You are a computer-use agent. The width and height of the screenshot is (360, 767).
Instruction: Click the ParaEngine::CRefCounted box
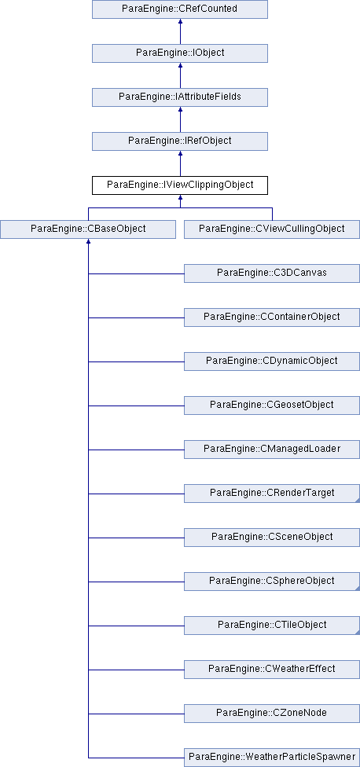click(x=180, y=9)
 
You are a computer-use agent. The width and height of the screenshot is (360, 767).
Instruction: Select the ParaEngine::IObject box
click(x=180, y=53)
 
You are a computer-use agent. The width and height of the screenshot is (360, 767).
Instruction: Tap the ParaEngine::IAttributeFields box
click(x=180, y=97)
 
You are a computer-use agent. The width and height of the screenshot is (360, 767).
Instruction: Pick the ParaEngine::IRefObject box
click(x=180, y=141)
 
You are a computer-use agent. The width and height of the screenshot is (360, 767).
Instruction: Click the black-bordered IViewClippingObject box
click(x=180, y=185)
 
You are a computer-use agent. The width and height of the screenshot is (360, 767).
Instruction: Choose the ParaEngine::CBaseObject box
click(x=88, y=229)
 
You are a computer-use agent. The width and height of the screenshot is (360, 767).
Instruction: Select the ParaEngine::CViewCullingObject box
click(x=272, y=229)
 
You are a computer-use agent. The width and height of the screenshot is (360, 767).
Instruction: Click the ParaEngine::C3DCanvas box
click(x=272, y=273)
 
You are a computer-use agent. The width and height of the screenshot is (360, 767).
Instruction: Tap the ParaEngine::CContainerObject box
click(x=272, y=317)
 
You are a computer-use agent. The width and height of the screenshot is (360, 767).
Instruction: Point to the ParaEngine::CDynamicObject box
click(x=272, y=361)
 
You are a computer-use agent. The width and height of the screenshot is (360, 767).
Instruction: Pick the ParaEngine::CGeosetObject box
click(x=272, y=406)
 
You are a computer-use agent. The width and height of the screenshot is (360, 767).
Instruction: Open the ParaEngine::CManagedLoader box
click(x=272, y=450)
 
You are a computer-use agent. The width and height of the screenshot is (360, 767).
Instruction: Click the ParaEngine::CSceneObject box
click(x=272, y=538)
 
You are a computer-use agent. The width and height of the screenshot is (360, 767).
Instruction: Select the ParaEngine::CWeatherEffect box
click(x=272, y=670)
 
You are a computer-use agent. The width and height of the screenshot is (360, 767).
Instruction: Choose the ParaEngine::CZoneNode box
click(x=272, y=714)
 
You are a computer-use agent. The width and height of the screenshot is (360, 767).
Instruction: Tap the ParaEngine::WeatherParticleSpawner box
click(x=272, y=758)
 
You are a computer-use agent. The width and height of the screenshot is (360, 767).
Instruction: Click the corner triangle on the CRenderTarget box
click(x=358, y=501)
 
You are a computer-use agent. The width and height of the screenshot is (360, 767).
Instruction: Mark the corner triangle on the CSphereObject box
click(x=358, y=589)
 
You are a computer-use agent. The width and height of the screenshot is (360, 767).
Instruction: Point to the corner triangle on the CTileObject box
click(x=358, y=633)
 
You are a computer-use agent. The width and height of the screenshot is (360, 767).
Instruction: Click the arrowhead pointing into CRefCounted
click(x=180, y=21)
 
